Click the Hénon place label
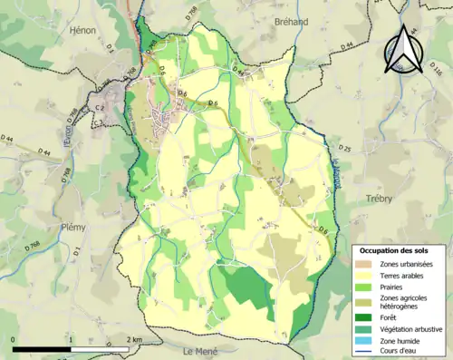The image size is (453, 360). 82,30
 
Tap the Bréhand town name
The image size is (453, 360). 290,21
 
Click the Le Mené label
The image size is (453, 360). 201,351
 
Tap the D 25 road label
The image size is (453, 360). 344,148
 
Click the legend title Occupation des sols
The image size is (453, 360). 395,250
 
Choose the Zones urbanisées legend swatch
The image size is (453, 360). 367,263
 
